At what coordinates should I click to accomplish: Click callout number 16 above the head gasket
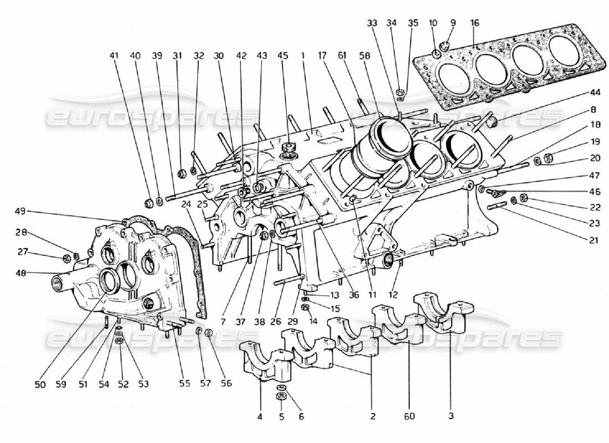click(x=475, y=23)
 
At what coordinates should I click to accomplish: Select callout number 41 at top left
click(x=114, y=55)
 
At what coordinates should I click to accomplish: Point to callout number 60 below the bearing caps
click(x=410, y=416)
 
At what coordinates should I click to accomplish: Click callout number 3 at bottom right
click(x=451, y=416)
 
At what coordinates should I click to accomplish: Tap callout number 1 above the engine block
click(x=303, y=55)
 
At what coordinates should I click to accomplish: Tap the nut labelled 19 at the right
click(x=548, y=158)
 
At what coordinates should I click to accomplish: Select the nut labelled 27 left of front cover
click(x=66, y=257)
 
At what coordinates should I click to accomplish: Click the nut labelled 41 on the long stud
click(x=148, y=202)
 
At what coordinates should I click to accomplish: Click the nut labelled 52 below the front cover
click(x=118, y=342)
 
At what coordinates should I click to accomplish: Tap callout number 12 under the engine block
click(x=394, y=294)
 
